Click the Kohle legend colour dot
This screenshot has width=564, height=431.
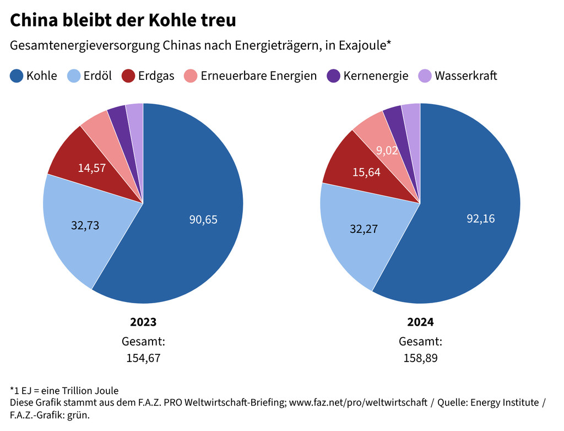coord(17,76)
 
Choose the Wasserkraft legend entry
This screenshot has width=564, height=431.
coord(458,76)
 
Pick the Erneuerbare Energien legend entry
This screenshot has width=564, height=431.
coord(251,76)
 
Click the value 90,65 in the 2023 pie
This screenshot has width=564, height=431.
coord(203,219)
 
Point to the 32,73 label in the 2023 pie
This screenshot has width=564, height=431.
coord(85,225)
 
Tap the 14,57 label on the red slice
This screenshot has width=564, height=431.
coord(92,168)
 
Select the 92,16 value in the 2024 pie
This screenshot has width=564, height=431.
coord(480,218)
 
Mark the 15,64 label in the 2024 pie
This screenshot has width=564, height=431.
coord(366,173)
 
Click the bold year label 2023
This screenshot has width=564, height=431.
coord(143,322)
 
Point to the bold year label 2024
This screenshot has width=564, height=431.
coord(420,322)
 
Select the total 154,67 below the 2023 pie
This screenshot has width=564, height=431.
coord(143,358)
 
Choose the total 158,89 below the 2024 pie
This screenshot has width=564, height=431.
coord(420,358)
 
